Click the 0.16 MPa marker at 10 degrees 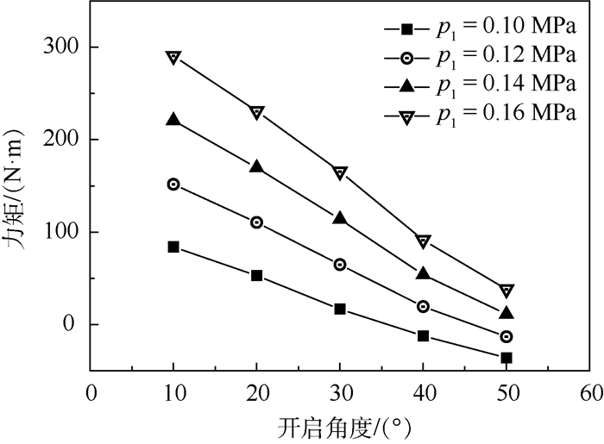coord(173,58)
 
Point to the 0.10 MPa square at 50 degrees coord(506,358)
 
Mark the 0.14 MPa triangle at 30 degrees coord(340,219)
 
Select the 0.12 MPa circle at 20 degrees coord(256,222)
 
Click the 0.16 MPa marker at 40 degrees coord(423,241)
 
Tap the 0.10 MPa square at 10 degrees coord(173,247)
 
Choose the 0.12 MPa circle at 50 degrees coord(506,337)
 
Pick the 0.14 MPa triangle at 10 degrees coord(173,120)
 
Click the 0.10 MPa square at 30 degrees coord(340,309)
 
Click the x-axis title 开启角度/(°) coord(339,426)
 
